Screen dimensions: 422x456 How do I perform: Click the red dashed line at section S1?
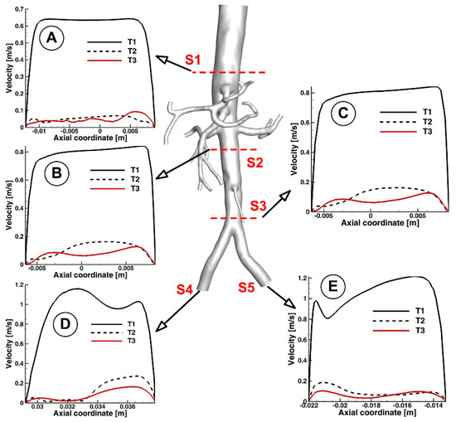point(229,73)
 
